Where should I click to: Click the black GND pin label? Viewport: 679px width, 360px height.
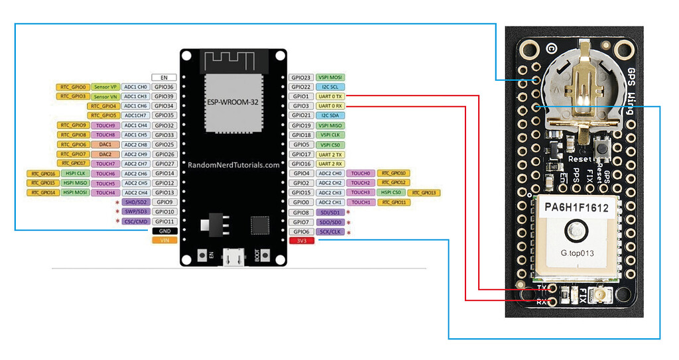click(x=164, y=231)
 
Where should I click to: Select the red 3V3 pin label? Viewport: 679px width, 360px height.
click(x=303, y=241)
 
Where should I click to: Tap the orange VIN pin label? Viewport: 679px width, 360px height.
click(x=164, y=240)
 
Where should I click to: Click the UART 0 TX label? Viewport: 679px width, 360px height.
click(x=330, y=96)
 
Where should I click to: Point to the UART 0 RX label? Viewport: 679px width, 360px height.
click(x=330, y=106)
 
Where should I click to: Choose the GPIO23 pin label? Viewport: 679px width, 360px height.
click(x=302, y=77)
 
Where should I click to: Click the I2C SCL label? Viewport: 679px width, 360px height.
click(x=330, y=87)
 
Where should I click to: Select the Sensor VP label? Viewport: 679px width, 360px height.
click(x=105, y=87)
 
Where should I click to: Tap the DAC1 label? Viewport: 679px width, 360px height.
click(x=105, y=145)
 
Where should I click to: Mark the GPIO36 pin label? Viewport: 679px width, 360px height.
click(x=164, y=87)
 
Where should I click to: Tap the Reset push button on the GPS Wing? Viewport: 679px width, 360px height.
click(x=603, y=150)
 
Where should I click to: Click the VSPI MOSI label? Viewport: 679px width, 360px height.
click(x=330, y=77)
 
